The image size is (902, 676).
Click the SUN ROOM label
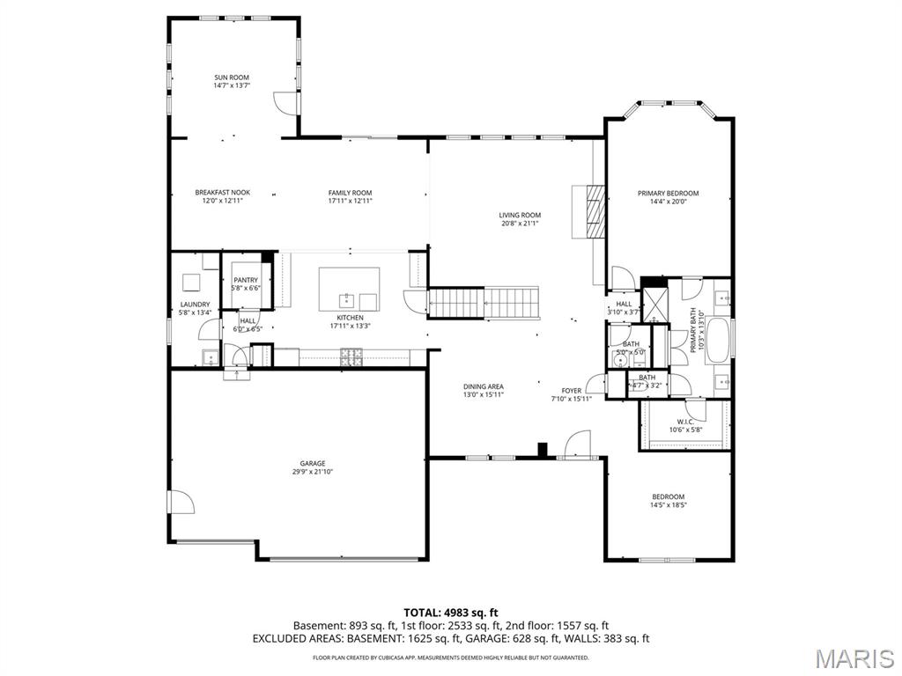(x=232, y=77)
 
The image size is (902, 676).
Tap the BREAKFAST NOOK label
(x=222, y=193)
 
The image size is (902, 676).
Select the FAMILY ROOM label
(x=350, y=193)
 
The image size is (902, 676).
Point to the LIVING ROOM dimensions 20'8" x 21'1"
(x=520, y=224)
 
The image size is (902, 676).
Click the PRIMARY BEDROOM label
(x=668, y=193)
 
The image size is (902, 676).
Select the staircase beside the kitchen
(x=483, y=303)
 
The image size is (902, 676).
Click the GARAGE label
(x=312, y=463)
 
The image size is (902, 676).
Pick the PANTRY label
(x=246, y=280)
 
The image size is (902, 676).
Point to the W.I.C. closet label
(x=685, y=422)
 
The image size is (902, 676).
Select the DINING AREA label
(x=484, y=386)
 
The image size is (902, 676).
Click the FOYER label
(x=572, y=390)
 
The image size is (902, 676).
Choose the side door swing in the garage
(x=181, y=503)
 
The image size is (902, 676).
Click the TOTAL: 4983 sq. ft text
(x=451, y=612)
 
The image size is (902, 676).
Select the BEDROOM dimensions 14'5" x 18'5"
(x=668, y=505)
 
